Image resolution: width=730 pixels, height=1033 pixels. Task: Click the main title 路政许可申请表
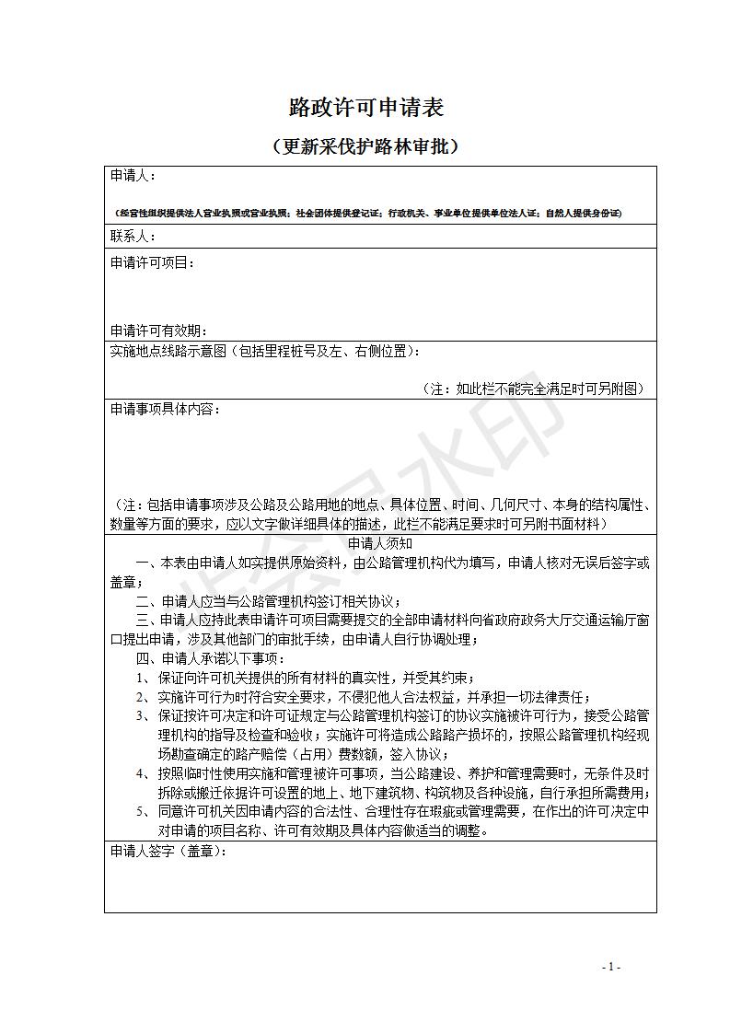[x=365, y=108]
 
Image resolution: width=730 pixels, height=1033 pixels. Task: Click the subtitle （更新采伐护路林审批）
[x=365, y=146]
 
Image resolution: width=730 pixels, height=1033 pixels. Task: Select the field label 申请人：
[x=133, y=175]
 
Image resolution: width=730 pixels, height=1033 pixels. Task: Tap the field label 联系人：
[x=133, y=237]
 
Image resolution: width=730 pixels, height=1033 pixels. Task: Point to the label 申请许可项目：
[x=153, y=263]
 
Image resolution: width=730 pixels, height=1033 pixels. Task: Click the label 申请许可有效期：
[x=158, y=331]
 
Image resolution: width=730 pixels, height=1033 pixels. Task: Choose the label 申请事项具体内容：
[x=165, y=409]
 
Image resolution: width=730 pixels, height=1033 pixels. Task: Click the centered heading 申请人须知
[x=379, y=544]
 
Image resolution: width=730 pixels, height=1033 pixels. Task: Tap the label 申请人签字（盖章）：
[x=168, y=853]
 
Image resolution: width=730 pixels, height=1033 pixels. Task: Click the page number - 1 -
[x=611, y=967]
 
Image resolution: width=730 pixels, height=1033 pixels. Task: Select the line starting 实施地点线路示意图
[x=267, y=351]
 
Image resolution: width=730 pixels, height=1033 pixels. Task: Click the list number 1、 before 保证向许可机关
[x=144, y=679]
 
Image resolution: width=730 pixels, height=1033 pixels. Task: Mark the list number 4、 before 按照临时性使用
[x=144, y=773]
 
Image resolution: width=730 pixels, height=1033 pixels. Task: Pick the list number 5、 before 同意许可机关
[x=144, y=812]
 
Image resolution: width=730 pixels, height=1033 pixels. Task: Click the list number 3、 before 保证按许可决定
[x=144, y=716]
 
